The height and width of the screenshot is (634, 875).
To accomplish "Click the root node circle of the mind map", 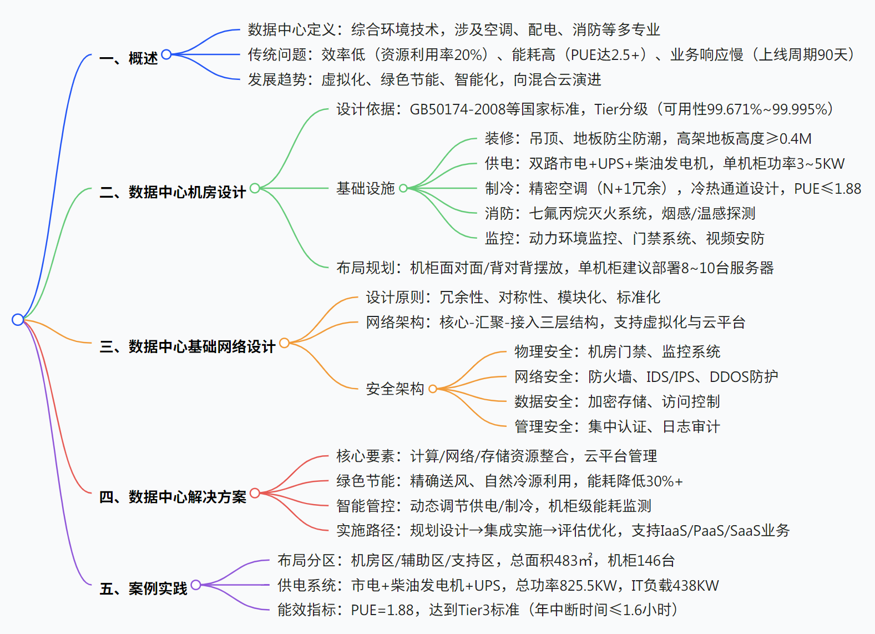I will click(18, 320).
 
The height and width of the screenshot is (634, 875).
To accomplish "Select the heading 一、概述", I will click(129, 58).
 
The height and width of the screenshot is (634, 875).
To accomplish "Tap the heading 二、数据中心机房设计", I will click(173, 192).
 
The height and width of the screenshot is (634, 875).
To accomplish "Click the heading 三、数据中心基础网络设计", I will click(188, 346).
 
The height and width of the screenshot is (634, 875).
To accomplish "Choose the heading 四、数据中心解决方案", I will click(173, 496).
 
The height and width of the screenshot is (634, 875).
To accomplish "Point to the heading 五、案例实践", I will click(143, 588).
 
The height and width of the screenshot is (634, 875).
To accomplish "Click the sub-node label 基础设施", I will click(365, 188).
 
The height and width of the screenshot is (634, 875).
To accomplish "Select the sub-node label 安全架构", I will click(394, 389).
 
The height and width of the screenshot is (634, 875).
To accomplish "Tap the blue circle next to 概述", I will click(166, 54).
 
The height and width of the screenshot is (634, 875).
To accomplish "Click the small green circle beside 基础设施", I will click(403, 188).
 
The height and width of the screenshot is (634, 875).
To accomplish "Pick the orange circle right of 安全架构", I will click(433, 389).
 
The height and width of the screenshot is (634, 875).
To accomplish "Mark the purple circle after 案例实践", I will click(196, 585).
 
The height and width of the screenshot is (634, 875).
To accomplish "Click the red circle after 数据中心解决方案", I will click(255, 493).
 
